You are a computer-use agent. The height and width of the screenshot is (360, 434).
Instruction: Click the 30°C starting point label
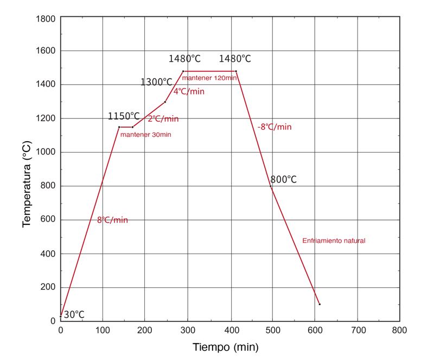pyautogui.click(x=74, y=314)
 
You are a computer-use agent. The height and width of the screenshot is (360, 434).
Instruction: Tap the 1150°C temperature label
pyautogui.click(x=124, y=116)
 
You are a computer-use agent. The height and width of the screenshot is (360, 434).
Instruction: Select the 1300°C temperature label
pyautogui.click(x=156, y=82)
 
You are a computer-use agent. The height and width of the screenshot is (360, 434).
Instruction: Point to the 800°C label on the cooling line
pyautogui.click(x=283, y=179)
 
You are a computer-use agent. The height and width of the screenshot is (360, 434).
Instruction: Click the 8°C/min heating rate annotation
pyautogui.click(x=112, y=220)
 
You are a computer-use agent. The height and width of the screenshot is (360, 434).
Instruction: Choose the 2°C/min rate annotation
pyautogui.click(x=163, y=118)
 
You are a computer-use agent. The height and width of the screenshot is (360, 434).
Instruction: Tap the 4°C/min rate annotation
pyautogui.click(x=189, y=91)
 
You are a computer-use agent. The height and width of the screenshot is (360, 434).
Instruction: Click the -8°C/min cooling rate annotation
pyautogui.click(x=274, y=127)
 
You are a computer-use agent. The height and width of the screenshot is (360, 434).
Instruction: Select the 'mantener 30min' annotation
pyautogui.click(x=145, y=134)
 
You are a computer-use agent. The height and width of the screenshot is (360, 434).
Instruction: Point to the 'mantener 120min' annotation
pyautogui.click(x=209, y=78)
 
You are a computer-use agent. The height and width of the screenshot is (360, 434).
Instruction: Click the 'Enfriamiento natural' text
pyautogui.click(x=334, y=241)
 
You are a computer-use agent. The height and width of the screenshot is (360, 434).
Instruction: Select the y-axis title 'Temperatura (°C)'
pyautogui.click(x=27, y=184)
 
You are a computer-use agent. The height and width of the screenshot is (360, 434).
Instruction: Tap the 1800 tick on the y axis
pyautogui.click(x=46, y=19)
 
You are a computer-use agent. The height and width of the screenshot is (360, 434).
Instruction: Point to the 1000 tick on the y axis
pyautogui.click(x=46, y=152)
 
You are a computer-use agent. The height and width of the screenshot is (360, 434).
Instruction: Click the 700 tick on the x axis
pyautogui.click(x=357, y=330)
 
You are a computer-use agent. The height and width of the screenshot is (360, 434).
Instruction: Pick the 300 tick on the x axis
pyautogui.click(x=187, y=330)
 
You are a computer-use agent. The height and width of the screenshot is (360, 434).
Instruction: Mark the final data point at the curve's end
pyautogui.click(x=320, y=304)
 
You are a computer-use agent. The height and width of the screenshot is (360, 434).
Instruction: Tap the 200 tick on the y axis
pyautogui.click(x=48, y=287)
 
